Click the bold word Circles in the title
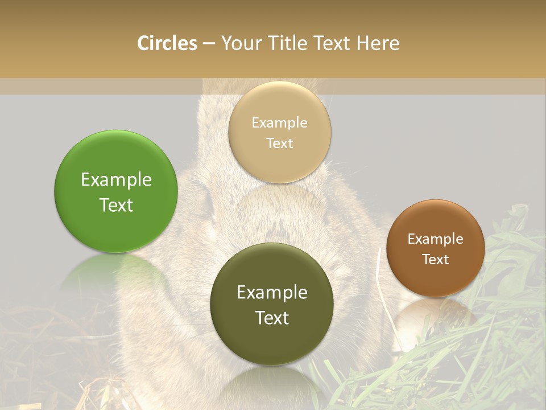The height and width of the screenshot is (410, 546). click(x=167, y=43)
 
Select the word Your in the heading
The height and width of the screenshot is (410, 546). click(x=238, y=43)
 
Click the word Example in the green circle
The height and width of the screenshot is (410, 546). click(x=116, y=180)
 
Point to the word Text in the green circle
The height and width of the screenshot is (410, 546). click(x=116, y=205)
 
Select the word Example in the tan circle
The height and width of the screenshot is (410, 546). click(x=280, y=123)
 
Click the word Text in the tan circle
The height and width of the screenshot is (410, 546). click(x=280, y=143)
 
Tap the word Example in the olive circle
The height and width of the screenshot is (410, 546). click(x=272, y=293)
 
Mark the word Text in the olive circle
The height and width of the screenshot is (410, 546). click(x=272, y=318)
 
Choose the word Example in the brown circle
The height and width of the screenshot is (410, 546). click(x=436, y=239)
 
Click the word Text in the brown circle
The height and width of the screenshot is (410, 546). click(x=436, y=260)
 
